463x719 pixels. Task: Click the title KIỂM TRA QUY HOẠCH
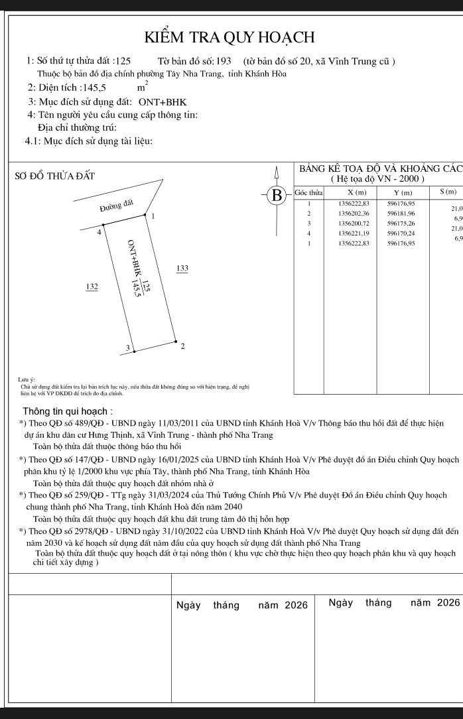coord(231,37)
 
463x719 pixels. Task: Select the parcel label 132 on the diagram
coord(92,286)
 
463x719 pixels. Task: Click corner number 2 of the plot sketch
coord(182,347)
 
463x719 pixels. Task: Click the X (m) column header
coord(349,192)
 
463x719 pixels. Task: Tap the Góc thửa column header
coord(308,192)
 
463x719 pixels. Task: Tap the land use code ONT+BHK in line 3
coord(163,102)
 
